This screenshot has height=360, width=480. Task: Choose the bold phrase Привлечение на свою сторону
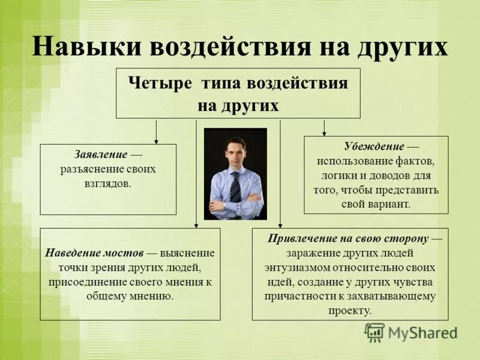(348, 238)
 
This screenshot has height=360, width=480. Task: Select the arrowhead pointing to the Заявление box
(157, 141)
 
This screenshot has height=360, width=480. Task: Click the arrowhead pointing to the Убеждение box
(325, 133)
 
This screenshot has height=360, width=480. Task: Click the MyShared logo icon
(374, 332)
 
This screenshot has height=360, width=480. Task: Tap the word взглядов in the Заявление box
(108, 184)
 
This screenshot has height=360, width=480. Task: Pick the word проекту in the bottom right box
(350, 310)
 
